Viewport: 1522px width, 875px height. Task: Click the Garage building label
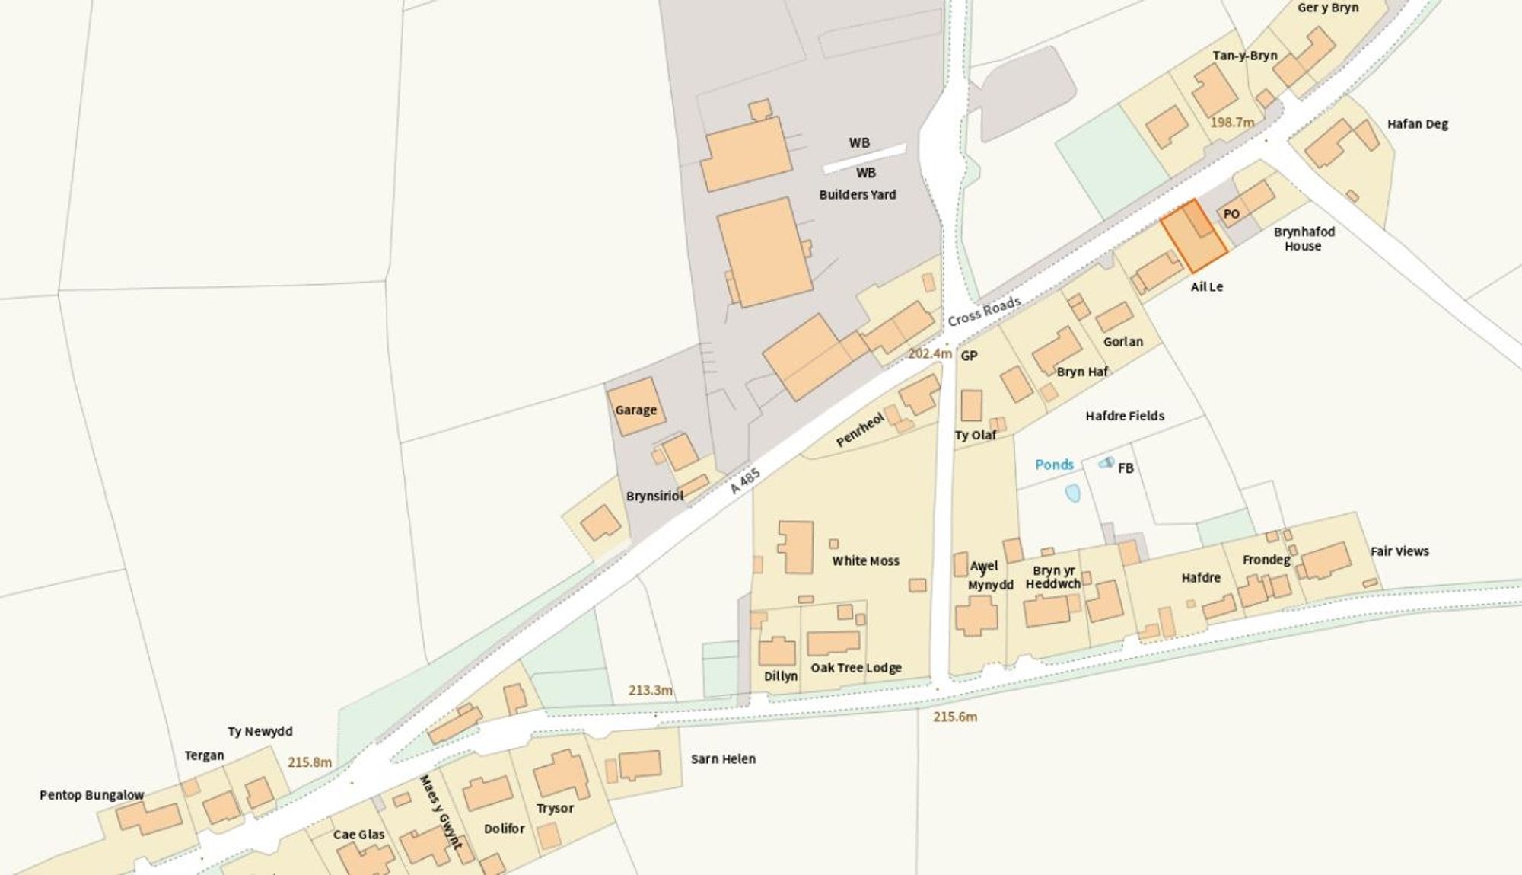[x=635, y=410]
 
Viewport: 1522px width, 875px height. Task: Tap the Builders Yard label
[x=857, y=194]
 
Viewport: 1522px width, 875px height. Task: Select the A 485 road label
[x=745, y=481]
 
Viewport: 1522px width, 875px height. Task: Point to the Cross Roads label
[x=983, y=311]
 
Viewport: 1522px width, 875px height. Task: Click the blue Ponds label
[x=1054, y=465]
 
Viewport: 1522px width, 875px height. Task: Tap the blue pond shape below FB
[x=1072, y=493]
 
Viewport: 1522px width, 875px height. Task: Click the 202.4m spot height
[x=929, y=353]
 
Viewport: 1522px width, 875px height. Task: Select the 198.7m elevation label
[x=1232, y=122]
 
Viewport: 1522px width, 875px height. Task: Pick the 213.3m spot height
[x=650, y=690]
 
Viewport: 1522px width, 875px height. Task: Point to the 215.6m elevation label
[x=955, y=717]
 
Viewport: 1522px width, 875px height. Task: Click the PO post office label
[x=1231, y=215]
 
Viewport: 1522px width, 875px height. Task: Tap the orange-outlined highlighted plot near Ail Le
[x=1193, y=236]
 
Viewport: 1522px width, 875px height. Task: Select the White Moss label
[x=865, y=560]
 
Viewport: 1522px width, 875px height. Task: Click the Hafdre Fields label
[x=1124, y=416]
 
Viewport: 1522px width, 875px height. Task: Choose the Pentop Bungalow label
[x=91, y=795]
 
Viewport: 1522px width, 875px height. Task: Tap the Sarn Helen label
[x=723, y=758]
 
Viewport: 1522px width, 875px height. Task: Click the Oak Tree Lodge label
[x=855, y=668]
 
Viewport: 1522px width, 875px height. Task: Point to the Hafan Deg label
[x=1417, y=124]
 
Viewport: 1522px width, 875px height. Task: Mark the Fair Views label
[x=1399, y=551]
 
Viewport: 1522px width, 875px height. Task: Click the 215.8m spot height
[x=309, y=762]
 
